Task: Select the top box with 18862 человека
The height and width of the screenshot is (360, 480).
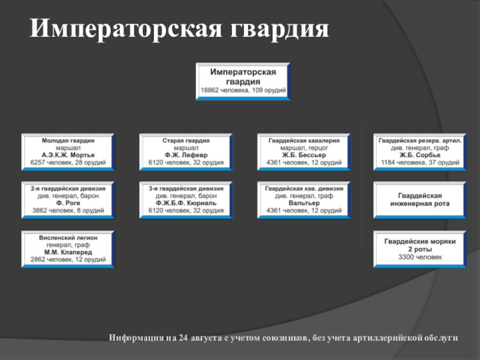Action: pyautogui.click(x=244, y=81)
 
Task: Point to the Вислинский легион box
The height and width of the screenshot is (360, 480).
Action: pyautogui.click(x=67, y=249)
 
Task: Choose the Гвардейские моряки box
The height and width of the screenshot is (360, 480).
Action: pyautogui.click(x=419, y=249)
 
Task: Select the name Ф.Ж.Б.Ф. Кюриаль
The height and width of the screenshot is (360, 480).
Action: pyautogui.click(x=185, y=203)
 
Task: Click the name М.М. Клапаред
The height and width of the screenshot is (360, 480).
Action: pyautogui.click(x=67, y=253)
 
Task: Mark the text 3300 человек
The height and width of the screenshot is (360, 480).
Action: pyautogui.click(x=419, y=257)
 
